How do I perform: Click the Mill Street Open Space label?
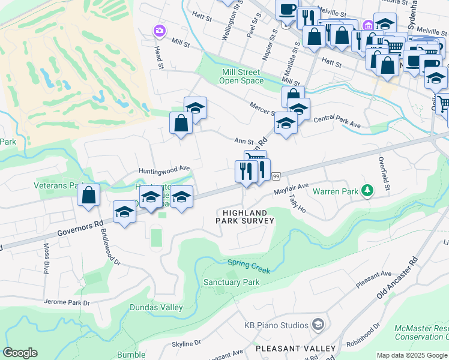pos(241,76)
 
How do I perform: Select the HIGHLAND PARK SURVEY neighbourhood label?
pos(244,217)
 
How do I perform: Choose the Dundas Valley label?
pos(156,307)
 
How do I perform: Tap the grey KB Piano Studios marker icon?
pos(318,325)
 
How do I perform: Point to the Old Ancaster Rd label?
pos(397,278)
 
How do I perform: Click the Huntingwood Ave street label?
pos(164,169)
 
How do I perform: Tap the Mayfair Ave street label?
pos(291,190)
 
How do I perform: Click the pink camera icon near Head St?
pos(159,30)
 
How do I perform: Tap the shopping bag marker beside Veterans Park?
pos(88,195)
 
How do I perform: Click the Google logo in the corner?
pos(20,353)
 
